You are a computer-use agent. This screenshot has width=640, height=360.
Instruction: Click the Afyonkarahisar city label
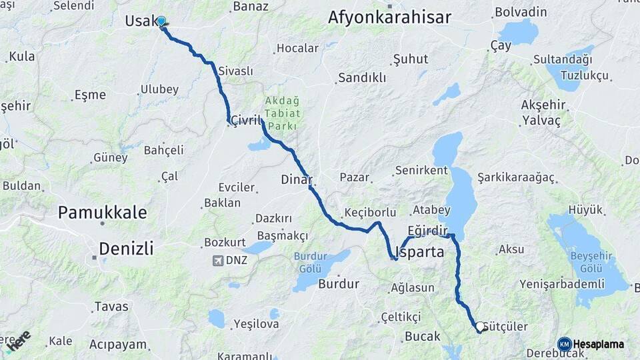[389, 18]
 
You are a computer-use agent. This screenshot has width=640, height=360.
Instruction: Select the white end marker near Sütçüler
[479, 327]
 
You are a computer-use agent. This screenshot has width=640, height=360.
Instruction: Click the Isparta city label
[420, 253]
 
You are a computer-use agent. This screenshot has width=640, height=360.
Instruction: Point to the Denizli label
[126, 249]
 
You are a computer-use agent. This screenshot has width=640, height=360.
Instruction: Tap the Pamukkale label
[102, 213]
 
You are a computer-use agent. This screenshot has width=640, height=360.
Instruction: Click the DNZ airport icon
[218, 260]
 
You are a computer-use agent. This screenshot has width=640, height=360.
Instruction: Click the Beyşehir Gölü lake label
[587, 261]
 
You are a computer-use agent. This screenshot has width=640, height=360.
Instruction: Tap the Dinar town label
[297, 179]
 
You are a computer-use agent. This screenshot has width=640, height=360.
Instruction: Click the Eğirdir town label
[427, 229]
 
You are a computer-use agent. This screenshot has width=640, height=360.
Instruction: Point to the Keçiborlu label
[370, 213]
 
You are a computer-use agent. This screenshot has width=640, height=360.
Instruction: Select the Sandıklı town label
[362, 78]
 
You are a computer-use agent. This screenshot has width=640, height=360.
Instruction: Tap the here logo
[18, 339]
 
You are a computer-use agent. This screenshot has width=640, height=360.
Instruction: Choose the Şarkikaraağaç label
[516, 177]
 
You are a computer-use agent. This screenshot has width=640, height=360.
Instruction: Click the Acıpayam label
[118, 344]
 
